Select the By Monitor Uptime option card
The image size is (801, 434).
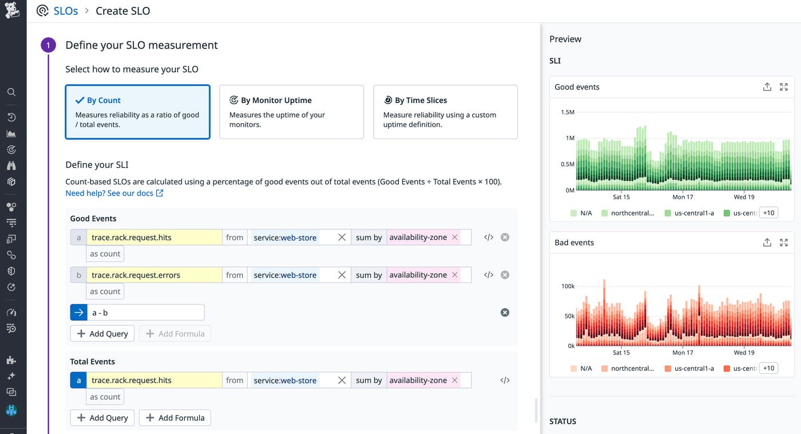click(291, 112)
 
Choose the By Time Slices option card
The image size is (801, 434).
click(445, 112)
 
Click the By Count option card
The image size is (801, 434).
click(137, 112)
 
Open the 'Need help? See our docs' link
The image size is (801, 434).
click(114, 193)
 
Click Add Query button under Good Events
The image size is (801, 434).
click(102, 334)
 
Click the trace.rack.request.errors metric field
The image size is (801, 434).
click(154, 275)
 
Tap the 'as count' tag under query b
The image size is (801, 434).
click(105, 291)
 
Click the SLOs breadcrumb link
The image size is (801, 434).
click(65, 11)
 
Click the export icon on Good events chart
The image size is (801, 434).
click(767, 87)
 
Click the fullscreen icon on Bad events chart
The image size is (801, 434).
click(784, 243)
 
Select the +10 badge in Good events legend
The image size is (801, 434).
click(768, 212)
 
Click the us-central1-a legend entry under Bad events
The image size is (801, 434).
click(689, 368)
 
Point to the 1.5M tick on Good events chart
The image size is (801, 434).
click(567, 112)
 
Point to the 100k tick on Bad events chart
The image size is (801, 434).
click(567, 286)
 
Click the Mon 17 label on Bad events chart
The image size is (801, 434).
click(683, 353)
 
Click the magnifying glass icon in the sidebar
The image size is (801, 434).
click(11, 92)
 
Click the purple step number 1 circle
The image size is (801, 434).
click(49, 45)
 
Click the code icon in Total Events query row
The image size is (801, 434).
click(505, 380)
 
